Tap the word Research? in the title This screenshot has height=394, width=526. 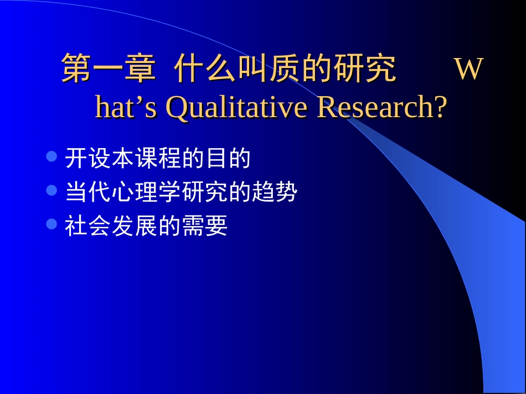point(381,108)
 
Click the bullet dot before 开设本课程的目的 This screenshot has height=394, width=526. point(52,157)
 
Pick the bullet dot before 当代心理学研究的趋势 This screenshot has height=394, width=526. point(52,191)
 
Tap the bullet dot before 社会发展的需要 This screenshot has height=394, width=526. point(52,224)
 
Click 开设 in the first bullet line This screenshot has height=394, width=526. point(88,159)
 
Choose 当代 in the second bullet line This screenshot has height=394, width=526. point(88,193)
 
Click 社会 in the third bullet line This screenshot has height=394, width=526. point(88,227)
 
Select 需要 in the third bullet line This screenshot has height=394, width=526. point(204,227)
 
